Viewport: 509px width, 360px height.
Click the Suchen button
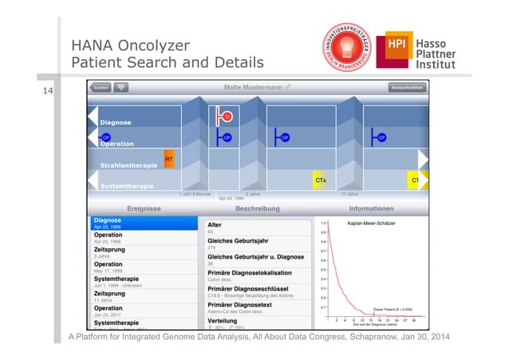pyautogui.click(x=101, y=87)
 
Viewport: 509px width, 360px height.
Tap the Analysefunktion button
pyautogui.click(x=405, y=87)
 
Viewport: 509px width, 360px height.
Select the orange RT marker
pyautogui.click(x=169, y=159)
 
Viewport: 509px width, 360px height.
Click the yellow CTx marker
pyautogui.click(x=319, y=180)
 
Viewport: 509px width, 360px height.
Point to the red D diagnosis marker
pyautogui.click(x=227, y=117)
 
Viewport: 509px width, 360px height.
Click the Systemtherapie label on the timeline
pyautogui.click(x=127, y=186)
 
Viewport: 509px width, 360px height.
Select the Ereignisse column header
pyautogui.click(x=144, y=208)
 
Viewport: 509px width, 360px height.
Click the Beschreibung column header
pyautogui.click(x=258, y=208)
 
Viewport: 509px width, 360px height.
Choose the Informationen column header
pyautogui.click(x=371, y=208)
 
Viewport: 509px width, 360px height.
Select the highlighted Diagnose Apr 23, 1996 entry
pyautogui.click(x=143, y=223)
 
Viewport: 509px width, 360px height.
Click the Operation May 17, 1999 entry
pyautogui.click(x=143, y=267)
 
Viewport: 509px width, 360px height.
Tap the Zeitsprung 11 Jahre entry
pyautogui.click(x=143, y=296)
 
